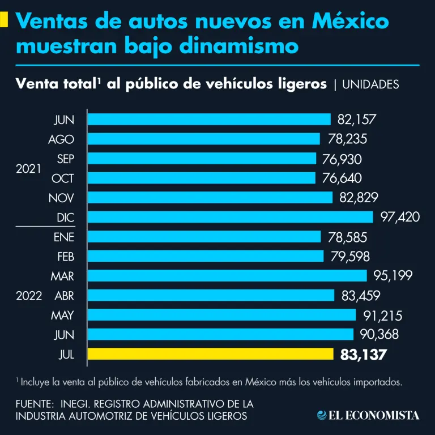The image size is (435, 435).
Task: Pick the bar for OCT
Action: [202, 178]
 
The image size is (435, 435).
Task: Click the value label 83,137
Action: [364, 355]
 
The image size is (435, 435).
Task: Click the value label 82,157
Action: [357, 120]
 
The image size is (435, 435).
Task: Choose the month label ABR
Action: [64, 296]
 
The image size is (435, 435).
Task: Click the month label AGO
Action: [61, 139]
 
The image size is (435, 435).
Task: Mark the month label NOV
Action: [62, 198]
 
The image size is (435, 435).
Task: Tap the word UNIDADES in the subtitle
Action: [371, 84]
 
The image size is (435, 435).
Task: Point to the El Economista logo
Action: [368, 415]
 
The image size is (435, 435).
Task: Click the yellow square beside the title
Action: [4, 20]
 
